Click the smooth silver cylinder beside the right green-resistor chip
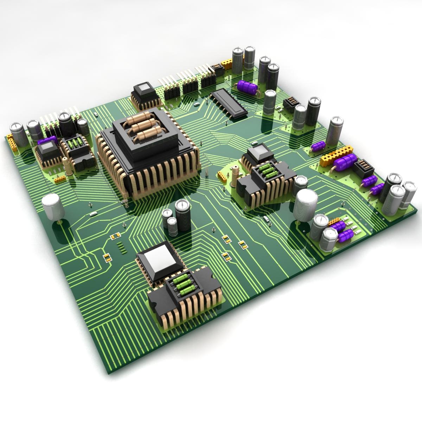(x=306, y=205)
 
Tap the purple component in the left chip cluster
(x=46, y=142)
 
